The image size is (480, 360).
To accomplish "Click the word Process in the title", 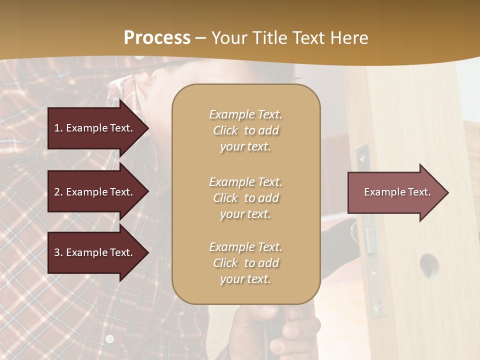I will [x=157, y=38].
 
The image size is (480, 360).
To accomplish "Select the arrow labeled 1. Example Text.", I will [x=95, y=128].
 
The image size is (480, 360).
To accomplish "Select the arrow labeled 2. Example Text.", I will [x=95, y=192].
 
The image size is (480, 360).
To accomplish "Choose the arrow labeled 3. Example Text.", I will [x=95, y=252].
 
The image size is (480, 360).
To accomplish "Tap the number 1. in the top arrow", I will [x=58, y=128].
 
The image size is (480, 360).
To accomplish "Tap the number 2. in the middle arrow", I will [x=58, y=192].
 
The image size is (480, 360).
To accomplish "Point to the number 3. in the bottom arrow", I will [x=58, y=252].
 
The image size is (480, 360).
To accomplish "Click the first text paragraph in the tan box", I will [x=245, y=130].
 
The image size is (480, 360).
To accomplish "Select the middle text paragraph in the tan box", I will [x=245, y=198].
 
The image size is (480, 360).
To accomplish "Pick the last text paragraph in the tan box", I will [x=245, y=263].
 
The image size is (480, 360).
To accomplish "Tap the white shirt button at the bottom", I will [x=110, y=338].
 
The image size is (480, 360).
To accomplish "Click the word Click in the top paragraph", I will [x=225, y=130].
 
